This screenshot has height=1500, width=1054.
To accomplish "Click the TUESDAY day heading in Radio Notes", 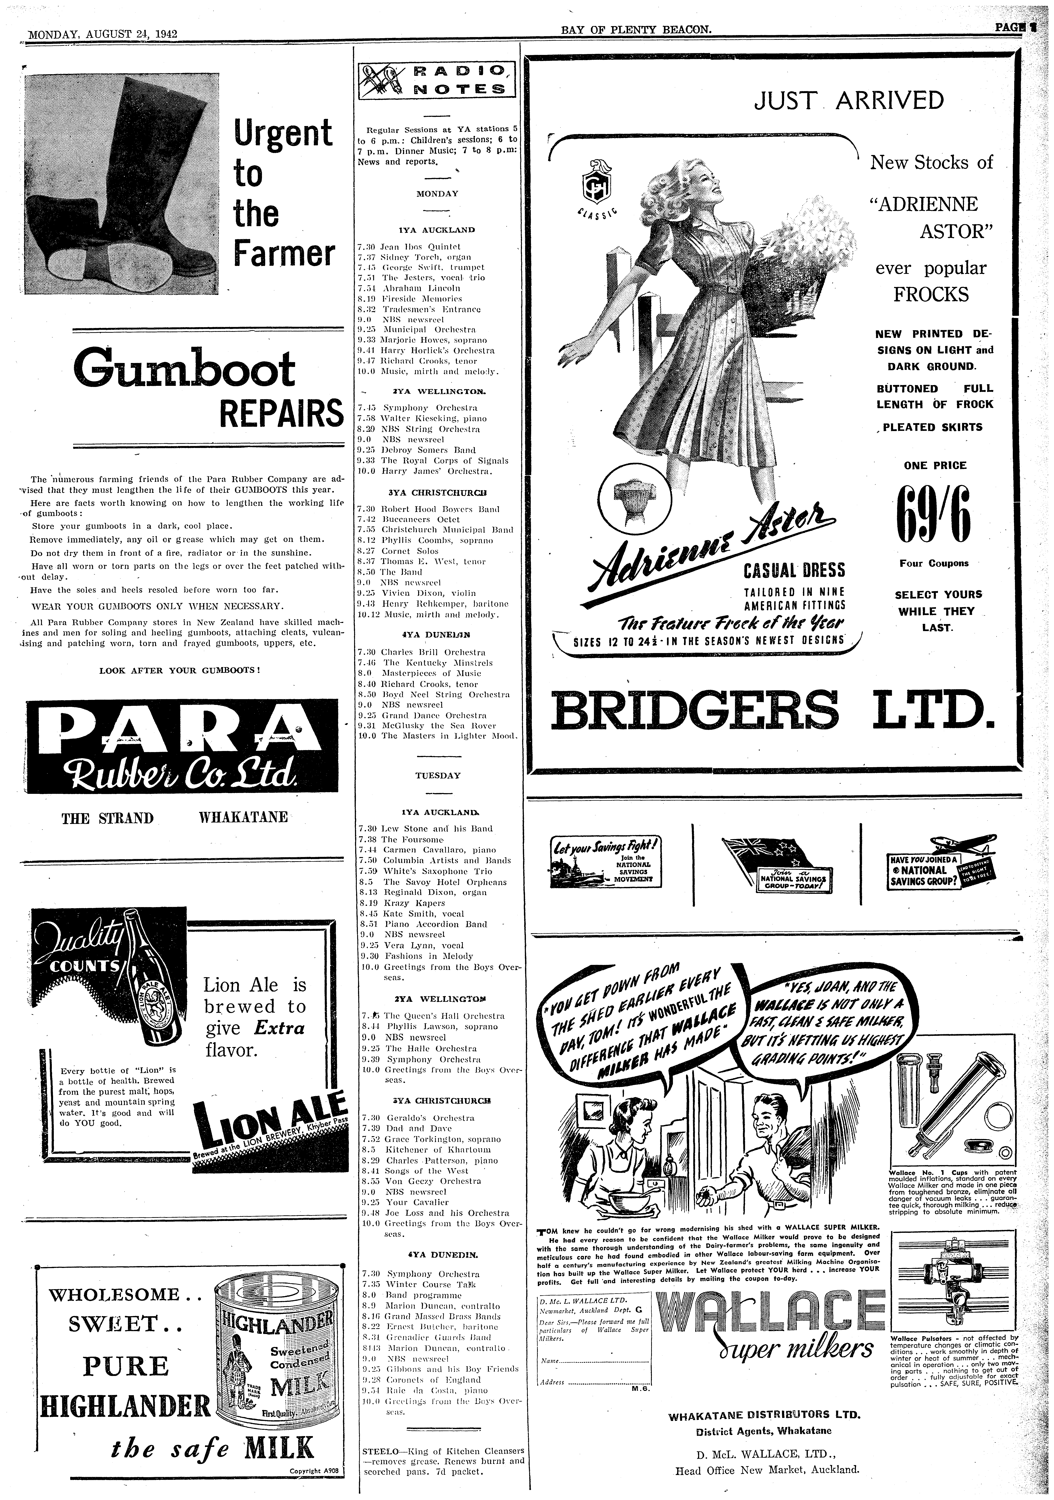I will pyautogui.click(x=438, y=775).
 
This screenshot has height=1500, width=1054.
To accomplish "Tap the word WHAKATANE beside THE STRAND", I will pyautogui.click(x=243, y=818).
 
